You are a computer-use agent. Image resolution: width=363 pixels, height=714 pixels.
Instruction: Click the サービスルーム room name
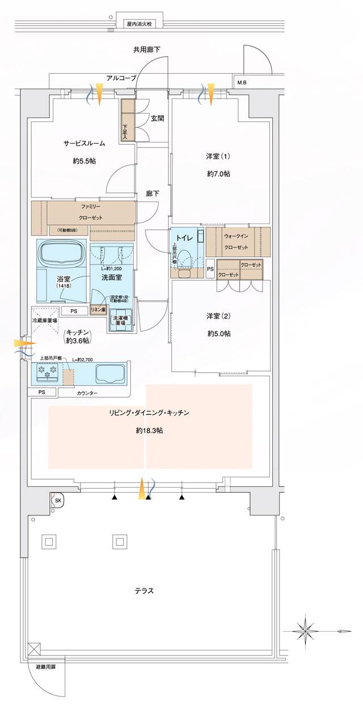(x=84, y=144)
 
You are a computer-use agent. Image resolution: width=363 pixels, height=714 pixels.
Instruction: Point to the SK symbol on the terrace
(x=57, y=500)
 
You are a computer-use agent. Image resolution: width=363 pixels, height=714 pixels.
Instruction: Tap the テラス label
(x=144, y=590)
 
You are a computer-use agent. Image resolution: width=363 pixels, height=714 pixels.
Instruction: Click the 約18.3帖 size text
(x=150, y=431)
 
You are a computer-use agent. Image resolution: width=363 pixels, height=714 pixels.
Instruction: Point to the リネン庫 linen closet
(x=98, y=310)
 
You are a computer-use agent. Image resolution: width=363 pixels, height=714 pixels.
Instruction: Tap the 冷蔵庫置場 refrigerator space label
(x=44, y=320)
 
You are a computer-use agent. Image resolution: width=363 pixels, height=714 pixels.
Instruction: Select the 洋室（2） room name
(x=219, y=316)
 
